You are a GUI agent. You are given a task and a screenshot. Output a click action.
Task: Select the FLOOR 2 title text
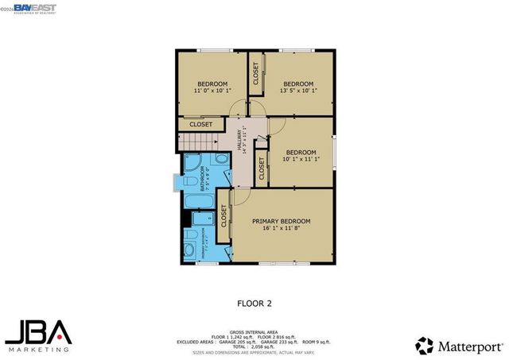(x=254, y=303)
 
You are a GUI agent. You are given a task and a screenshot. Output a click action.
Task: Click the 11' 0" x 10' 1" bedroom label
(x=212, y=87)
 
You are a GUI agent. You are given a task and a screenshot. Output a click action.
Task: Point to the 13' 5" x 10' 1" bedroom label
(x=298, y=87)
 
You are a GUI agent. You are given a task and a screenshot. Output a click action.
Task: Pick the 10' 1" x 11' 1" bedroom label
(x=301, y=156)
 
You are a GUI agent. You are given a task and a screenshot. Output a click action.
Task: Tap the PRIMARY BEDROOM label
(x=281, y=224)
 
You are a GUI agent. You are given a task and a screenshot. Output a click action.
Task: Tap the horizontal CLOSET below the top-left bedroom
(x=200, y=125)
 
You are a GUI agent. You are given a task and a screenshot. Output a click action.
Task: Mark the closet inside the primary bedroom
(x=223, y=216)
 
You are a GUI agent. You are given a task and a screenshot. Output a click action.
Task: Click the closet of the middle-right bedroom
(x=262, y=168)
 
